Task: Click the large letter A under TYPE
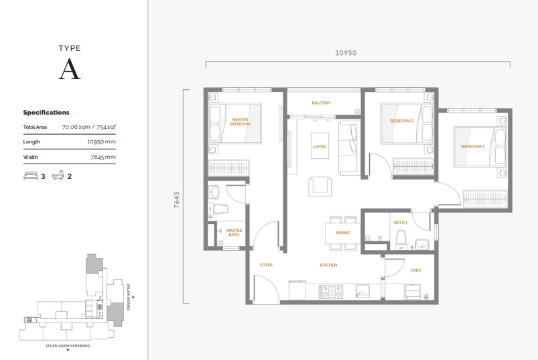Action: pos(70,69)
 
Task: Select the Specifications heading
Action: pos(46,113)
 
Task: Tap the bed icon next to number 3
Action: pos(30,176)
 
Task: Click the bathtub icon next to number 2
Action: pos(58,176)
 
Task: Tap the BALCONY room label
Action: pos(321,103)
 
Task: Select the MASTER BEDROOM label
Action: pos(240,122)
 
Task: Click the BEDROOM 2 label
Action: pos(401,121)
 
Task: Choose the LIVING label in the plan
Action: pos(320,146)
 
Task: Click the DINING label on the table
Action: pos(343,233)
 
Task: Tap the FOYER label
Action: pos(266,265)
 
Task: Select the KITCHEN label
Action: pos(328,265)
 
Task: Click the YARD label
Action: pos(415,270)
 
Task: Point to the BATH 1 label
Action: pos(401,222)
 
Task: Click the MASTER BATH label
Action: pos(234,233)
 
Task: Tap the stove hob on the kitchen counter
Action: pos(330,291)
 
